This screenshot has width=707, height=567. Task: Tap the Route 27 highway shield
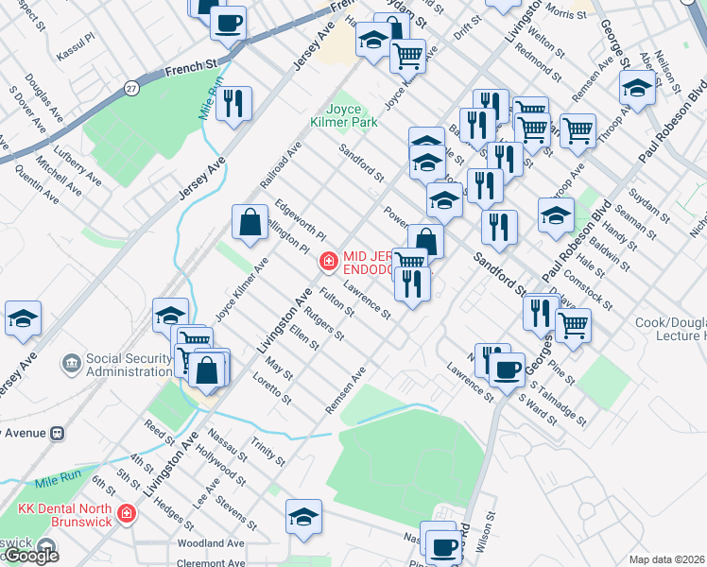coord(131,88)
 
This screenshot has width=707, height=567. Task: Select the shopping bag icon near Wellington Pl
coord(250,224)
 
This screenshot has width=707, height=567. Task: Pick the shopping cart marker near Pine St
coord(573,326)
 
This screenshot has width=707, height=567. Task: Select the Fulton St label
coord(336,301)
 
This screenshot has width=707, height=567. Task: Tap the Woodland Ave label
coord(211,543)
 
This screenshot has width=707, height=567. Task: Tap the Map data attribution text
coord(666,559)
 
